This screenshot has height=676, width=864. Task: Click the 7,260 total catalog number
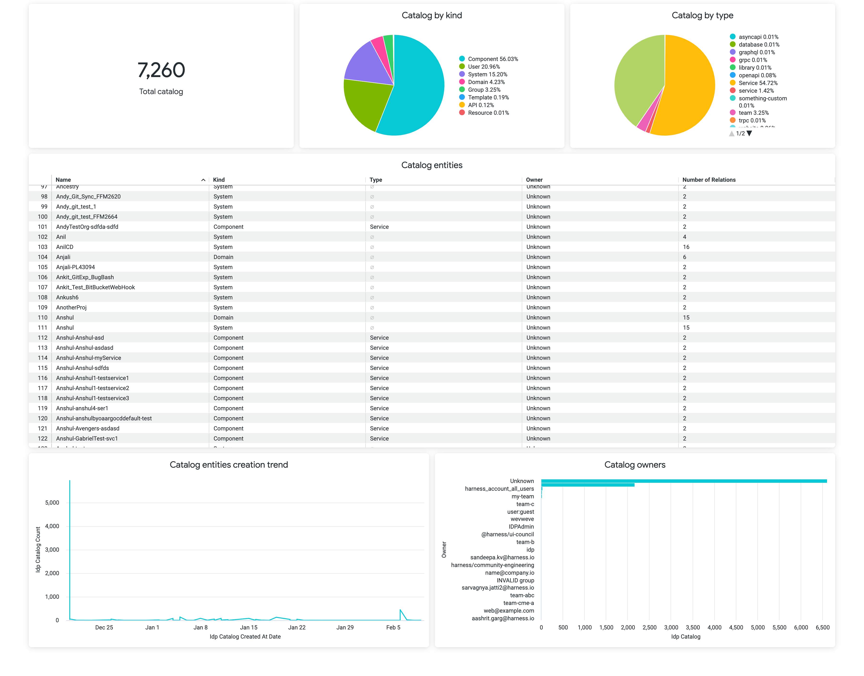pyautogui.click(x=161, y=70)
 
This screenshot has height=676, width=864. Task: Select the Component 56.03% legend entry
pyautogui.click(x=492, y=59)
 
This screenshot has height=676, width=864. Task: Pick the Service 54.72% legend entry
pyautogui.click(x=758, y=83)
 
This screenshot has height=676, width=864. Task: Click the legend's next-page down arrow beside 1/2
pyautogui.click(x=749, y=133)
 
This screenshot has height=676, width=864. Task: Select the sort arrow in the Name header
pyautogui.click(x=203, y=180)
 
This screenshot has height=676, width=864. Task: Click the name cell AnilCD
pyautogui.click(x=65, y=247)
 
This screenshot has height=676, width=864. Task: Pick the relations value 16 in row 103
pyautogui.click(x=686, y=247)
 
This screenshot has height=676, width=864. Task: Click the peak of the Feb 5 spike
pyautogui.click(x=400, y=610)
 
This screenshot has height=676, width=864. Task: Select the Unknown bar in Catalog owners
pyautogui.click(x=684, y=481)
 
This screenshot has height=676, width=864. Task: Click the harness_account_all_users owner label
pyautogui.click(x=499, y=489)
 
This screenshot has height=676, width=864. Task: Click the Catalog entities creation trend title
pyautogui.click(x=229, y=465)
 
